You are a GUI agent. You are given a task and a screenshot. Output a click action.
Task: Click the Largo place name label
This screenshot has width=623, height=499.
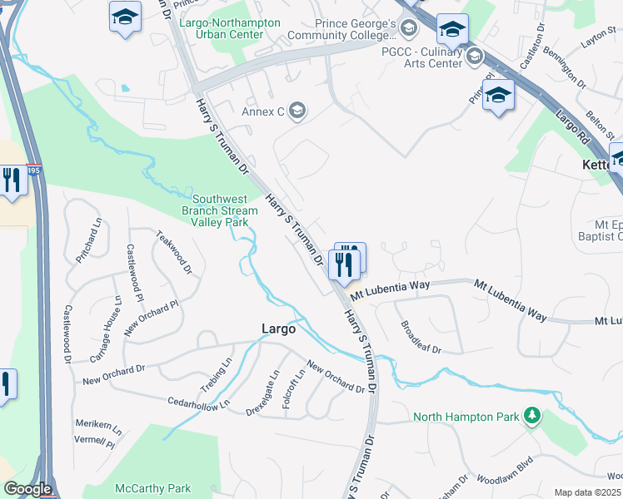tap(278, 329)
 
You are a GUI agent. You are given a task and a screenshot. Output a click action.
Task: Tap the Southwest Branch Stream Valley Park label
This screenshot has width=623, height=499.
tap(220, 210)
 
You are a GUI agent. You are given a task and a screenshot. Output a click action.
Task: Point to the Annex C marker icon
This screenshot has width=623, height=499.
tap(297, 111)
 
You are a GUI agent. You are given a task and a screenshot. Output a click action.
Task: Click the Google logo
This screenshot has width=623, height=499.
tap(27, 489)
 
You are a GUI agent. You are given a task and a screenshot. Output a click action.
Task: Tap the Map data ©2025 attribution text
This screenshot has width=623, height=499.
tap(587, 492)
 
